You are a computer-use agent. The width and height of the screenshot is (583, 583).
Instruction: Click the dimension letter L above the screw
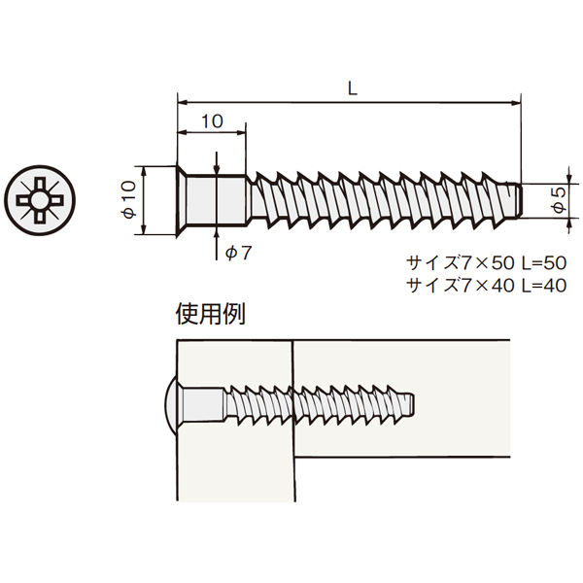[352, 88]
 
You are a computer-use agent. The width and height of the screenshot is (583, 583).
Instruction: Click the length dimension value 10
[212, 121]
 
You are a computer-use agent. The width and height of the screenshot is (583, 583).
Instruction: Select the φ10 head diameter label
[128, 199]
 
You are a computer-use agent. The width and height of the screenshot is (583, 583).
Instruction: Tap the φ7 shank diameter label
[239, 254]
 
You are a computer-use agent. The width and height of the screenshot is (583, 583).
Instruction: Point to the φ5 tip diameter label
[559, 199]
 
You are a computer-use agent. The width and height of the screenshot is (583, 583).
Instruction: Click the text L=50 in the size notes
[544, 263]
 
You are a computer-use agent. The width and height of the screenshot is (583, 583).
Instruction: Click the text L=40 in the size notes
[544, 286]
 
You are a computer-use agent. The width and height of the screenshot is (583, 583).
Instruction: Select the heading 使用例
[211, 315]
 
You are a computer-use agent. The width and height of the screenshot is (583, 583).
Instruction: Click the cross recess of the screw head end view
[40, 200]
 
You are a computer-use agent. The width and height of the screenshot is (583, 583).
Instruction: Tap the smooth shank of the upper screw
[216, 199]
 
